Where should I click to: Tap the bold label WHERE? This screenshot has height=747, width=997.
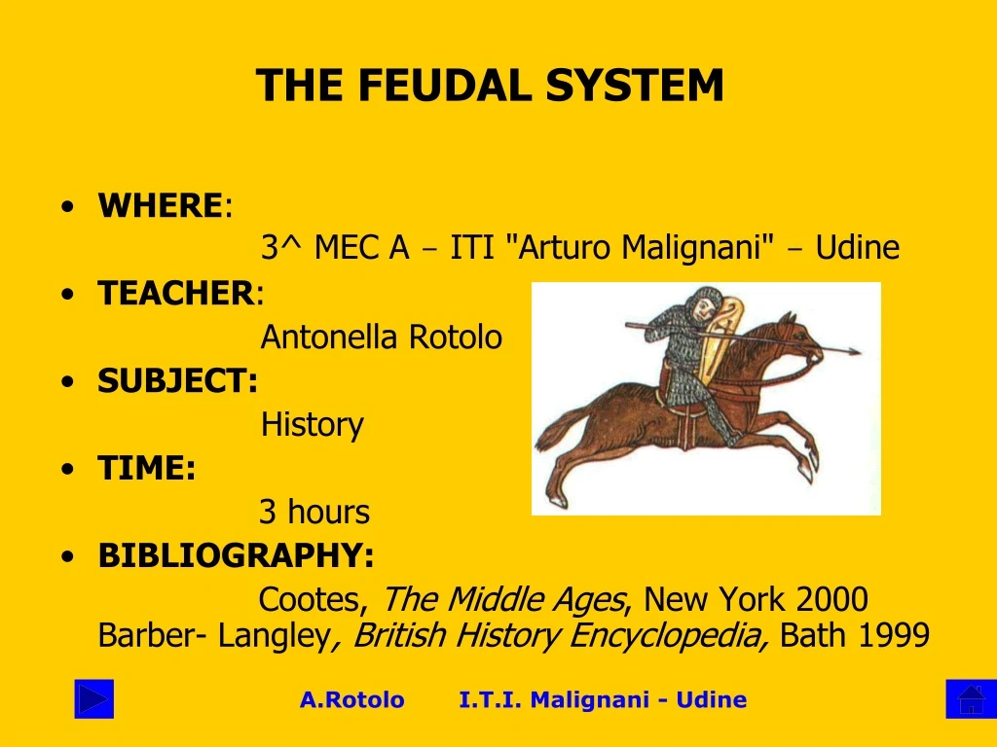(160, 205)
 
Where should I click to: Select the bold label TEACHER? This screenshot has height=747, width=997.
(175, 293)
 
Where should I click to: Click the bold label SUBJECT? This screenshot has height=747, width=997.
(177, 380)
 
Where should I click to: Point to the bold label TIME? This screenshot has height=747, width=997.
(146, 468)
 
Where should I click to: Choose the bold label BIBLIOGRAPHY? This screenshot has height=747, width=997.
(236, 555)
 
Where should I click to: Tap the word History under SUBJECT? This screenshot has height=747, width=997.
(312, 425)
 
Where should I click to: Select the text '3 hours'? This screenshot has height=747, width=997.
(314, 512)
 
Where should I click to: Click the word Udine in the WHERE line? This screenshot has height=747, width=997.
(857, 248)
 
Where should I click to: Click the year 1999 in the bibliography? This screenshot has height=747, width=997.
(893, 636)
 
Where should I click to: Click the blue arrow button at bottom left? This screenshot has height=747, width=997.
(94, 699)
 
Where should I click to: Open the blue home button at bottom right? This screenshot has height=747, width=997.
(971, 699)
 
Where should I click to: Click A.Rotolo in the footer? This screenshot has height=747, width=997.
(351, 699)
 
